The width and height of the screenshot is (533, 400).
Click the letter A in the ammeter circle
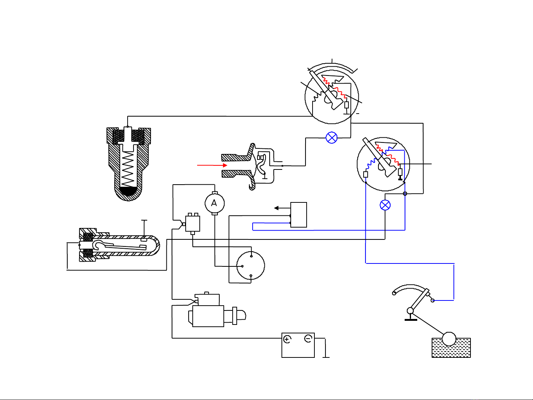pyautogui.click(x=214, y=203)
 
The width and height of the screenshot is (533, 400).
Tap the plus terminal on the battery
pyautogui.click(x=287, y=339)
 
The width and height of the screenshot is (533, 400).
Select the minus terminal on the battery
pyautogui.click(x=308, y=339)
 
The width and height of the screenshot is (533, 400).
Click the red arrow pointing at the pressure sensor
pyautogui.click(x=212, y=165)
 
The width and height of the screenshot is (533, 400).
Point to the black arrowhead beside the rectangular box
pyautogui.click(x=276, y=208)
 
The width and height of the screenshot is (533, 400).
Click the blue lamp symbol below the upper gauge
pyautogui.click(x=331, y=138)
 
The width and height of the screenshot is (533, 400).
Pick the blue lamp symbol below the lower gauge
pyautogui.click(x=385, y=205)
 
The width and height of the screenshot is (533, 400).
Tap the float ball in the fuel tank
pyautogui.click(x=449, y=339)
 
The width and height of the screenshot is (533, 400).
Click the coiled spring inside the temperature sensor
pyautogui.click(x=128, y=169)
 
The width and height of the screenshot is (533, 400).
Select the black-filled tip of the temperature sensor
pyautogui.click(x=128, y=191)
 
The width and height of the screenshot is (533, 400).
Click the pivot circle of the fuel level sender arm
pyautogui.click(x=410, y=310)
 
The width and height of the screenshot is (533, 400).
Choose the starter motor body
pyautogui.click(x=208, y=316)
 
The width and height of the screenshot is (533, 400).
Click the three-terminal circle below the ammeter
pyautogui.click(x=250, y=266)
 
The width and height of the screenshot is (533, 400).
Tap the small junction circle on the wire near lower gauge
pyautogui.click(x=405, y=194)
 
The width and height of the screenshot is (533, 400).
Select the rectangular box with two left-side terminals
pyautogui.click(x=298, y=215)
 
